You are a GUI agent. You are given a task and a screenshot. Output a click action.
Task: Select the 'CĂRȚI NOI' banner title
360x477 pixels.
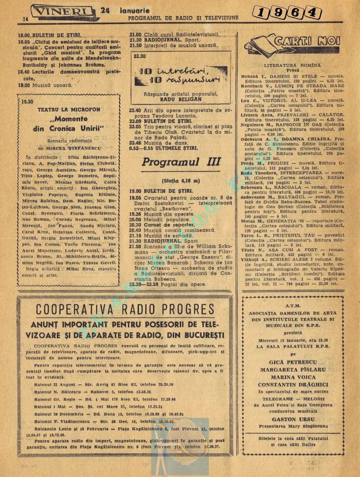(301, 41)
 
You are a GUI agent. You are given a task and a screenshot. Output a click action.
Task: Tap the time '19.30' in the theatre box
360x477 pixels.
(28, 101)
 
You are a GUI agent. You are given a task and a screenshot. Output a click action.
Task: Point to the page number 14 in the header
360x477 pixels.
(26, 19)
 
